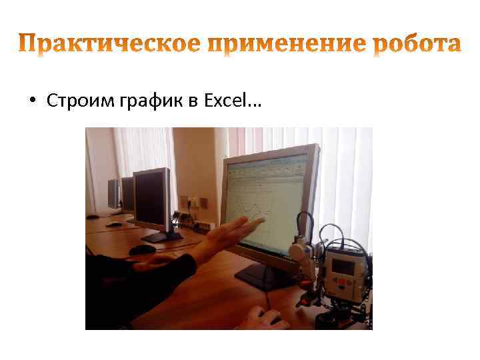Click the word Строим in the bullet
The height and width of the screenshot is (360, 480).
click(x=72, y=101)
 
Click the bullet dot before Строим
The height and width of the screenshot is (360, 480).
click(x=32, y=101)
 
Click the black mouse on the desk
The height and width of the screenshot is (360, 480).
click(x=141, y=249)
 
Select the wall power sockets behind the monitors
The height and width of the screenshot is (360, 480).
click(x=193, y=201)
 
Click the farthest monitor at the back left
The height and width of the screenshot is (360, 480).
click(x=112, y=193)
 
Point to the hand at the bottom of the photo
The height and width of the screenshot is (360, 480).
click(x=263, y=319)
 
